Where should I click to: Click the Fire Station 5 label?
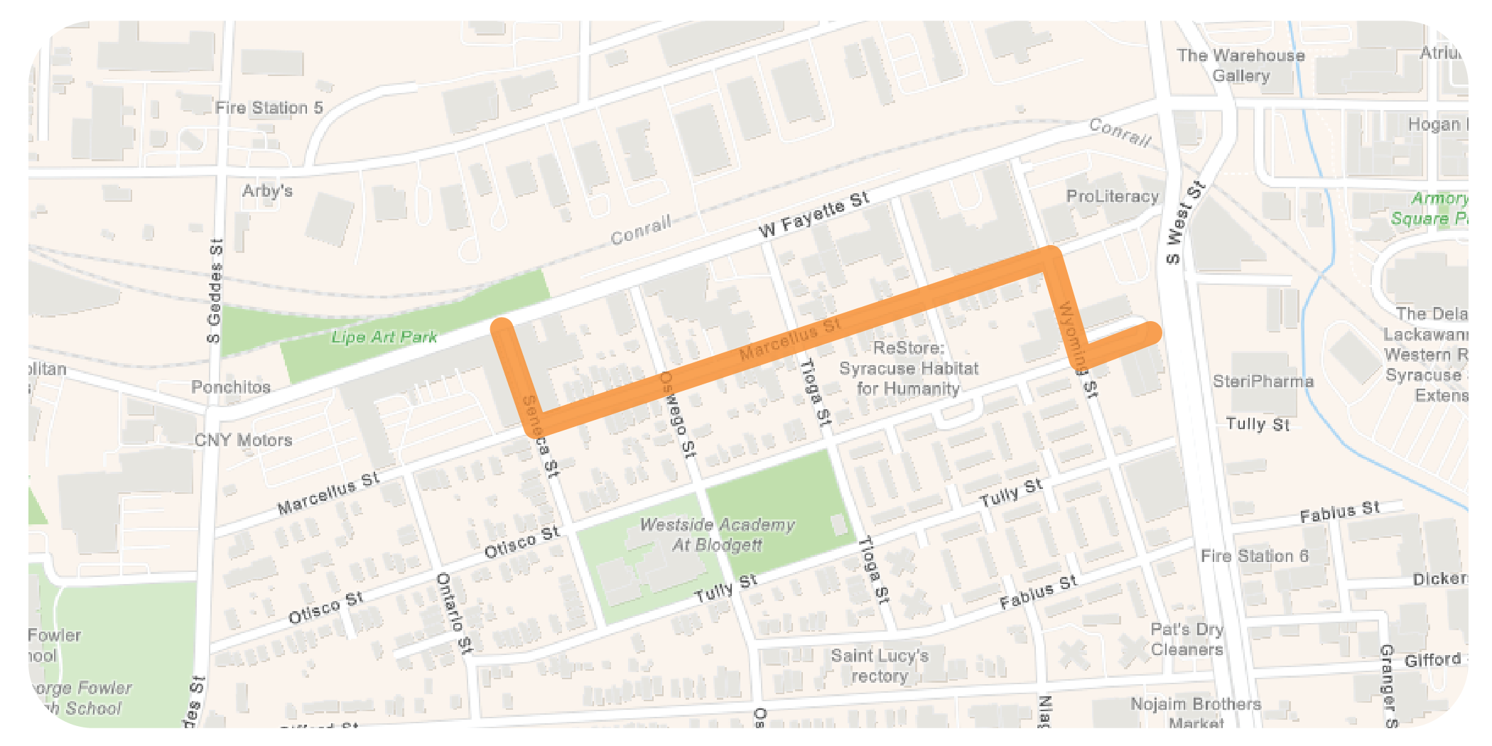269,108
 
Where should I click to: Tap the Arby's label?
267,191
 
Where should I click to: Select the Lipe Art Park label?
384,337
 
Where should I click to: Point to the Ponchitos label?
231,387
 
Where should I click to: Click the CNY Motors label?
244,440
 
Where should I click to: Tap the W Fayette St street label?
814,215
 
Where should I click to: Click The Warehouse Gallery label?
1240,65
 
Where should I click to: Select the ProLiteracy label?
1112,196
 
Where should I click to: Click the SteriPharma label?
1263,382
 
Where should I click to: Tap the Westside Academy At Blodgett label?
717,535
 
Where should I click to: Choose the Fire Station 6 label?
1254,556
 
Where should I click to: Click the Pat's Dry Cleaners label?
1186,639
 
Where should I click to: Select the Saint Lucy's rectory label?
880,666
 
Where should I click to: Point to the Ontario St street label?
453,612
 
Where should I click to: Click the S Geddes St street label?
215,291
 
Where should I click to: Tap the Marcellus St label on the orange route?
790,339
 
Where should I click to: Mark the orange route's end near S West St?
1152,332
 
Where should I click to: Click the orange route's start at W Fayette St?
502,327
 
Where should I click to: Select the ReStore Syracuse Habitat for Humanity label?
908,368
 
